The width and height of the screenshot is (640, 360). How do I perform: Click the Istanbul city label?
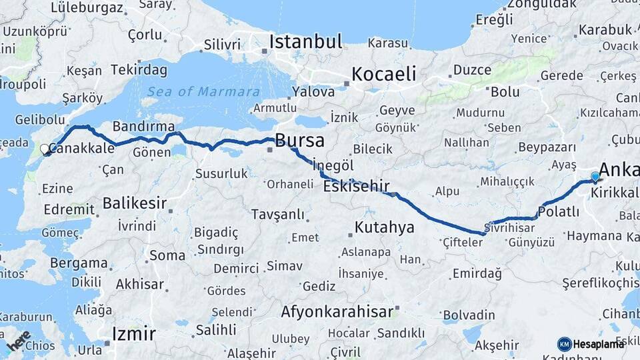(305, 41)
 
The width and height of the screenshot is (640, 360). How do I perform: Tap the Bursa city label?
(299, 141)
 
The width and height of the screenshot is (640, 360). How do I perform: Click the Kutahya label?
(384, 227)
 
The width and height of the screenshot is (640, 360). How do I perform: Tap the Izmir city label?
(133, 333)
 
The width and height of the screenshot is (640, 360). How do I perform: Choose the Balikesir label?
(134, 203)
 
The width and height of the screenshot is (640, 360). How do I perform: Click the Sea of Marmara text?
(204, 92)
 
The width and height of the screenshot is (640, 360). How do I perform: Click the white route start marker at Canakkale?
(45, 150)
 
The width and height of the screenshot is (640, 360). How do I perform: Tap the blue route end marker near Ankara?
(595, 177)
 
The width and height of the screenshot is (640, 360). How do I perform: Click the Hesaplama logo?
(591, 344)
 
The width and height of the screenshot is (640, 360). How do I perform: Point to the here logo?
(18, 341)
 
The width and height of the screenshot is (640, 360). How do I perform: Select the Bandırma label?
(143, 126)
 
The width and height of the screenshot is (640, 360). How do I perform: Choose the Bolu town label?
(505, 91)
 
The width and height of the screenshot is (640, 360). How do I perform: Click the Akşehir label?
(497, 345)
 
